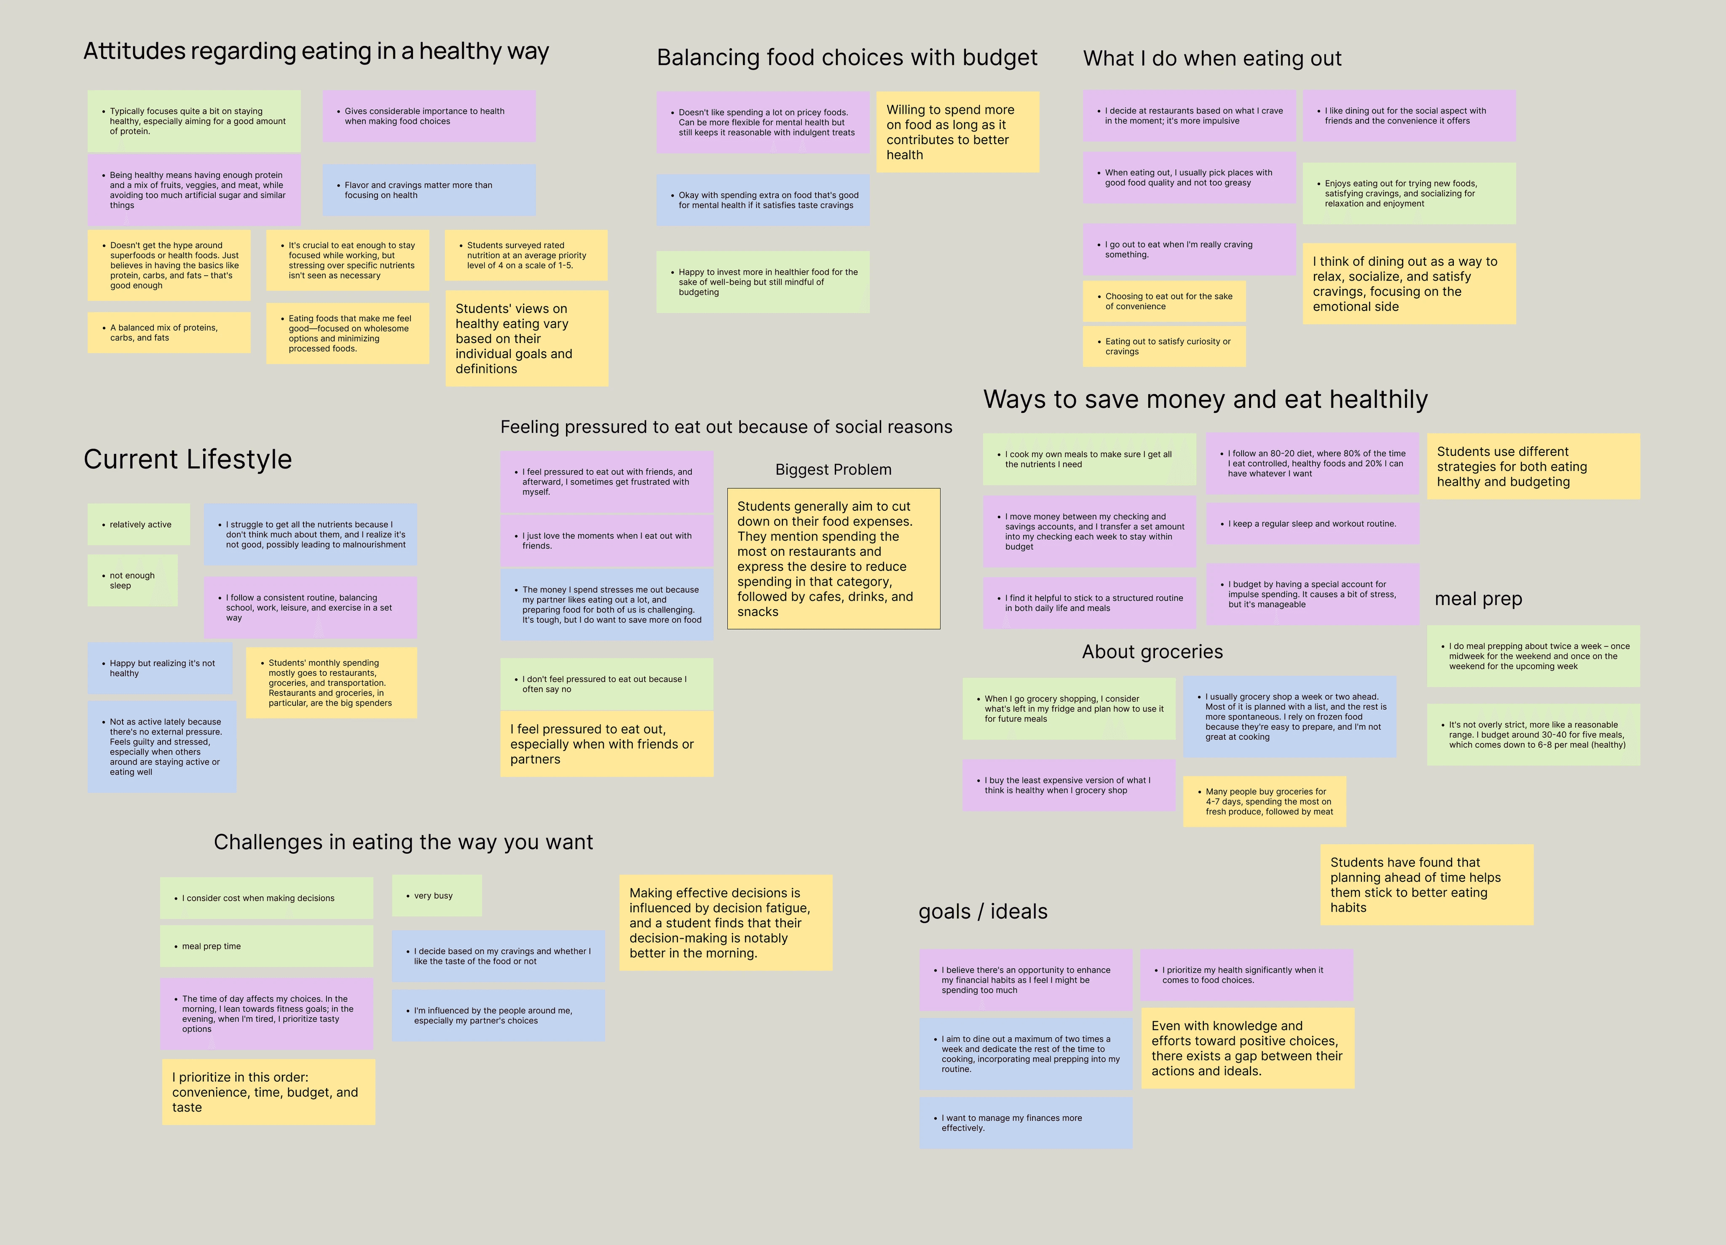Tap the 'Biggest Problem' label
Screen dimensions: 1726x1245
pyautogui.click(x=834, y=469)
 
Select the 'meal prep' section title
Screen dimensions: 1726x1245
pyautogui.click(x=1478, y=599)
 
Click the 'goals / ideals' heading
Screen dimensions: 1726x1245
pyautogui.click(x=983, y=912)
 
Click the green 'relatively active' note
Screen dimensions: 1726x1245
pyautogui.click(x=139, y=524)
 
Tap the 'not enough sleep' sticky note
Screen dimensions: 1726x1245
pyautogui.click(x=132, y=581)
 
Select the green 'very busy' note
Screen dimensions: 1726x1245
pyautogui.click(x=437, y=896)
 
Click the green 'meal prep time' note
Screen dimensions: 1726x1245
pyautogui.click(x=266, y=946)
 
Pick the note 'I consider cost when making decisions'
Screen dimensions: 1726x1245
pyautogui.click(x=266, y=898)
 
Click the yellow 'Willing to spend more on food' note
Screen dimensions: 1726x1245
pyautogui.click(x=957, y=131)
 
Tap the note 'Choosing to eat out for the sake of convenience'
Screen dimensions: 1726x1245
pyautogui.click(x=1164, y=301)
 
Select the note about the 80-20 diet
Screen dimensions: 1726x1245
pyautogui.click(x=1313, y=463)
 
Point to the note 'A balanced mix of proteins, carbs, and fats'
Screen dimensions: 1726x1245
pyautogui.click(x=169, y=332)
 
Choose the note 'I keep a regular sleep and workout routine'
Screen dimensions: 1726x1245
pyautogui.click(x=1313, y=524)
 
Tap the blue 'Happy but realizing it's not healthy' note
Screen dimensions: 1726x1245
pyautogui.click(x=160, y=668)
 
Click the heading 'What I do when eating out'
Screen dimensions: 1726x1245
pyautogui.click(x=1212, y=59)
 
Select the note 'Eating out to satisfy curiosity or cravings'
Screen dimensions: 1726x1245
pyautogui.click(x=1164, y=346)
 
